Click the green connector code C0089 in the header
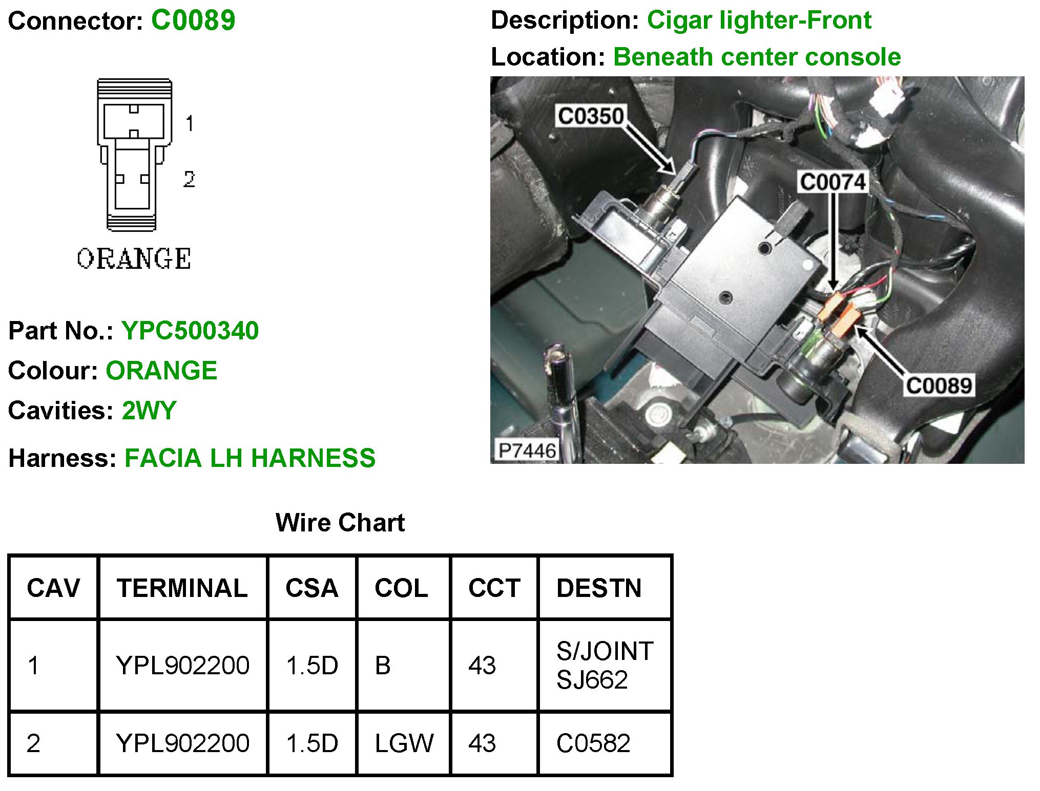click(x=193, y=20)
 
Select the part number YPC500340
click(x=190, y=330)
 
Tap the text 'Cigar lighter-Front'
click(x=759, y=20)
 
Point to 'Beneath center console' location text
click(x=757, y=57)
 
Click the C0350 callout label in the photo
click(x=590, y=116)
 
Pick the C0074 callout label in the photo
click(x=833, y=182)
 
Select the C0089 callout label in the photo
click(x=939, y=386)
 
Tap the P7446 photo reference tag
click(x=527, y=451)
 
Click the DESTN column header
click(x=599, y=588)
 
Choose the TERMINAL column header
click(x=182, y=588)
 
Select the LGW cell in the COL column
click(x=404, y=743)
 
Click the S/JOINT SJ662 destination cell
click(x=605, y=665)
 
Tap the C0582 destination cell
click(x=593, y=743)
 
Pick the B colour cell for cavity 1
click(x=383, y=665)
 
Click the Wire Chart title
click(x=340, y=523)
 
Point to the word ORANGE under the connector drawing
click(x=134, y=259)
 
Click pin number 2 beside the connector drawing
click(x=189, y=179)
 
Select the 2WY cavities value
click(x=149, y=410)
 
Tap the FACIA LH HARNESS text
click(x=250, y=458)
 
